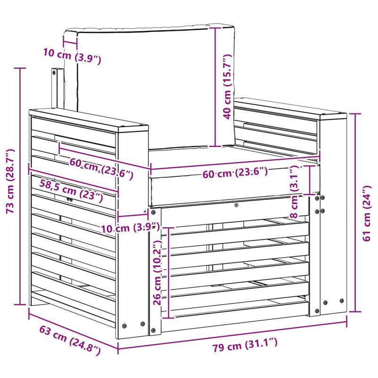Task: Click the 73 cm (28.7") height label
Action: (x=10, y=181)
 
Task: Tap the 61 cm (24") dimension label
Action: (x=367, y=213)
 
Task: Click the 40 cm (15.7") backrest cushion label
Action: (x=228, y=87)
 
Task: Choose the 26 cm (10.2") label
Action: (x=158, y=273)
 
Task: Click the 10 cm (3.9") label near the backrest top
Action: (x=72, y=56)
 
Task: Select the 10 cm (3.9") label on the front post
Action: (x=130, y=228)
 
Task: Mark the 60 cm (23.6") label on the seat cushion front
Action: (x=235, y=172)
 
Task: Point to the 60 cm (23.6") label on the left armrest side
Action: (x=101, y=169)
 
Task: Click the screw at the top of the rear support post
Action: (x=54, y=72)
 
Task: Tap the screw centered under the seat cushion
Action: (x=237, y=205)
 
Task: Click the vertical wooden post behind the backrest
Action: (x=57, y=88)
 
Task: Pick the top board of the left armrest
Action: (x=89, y=120)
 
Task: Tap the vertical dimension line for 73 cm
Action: (x=20, y=187)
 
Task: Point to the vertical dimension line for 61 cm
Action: (x=355, y=212)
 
